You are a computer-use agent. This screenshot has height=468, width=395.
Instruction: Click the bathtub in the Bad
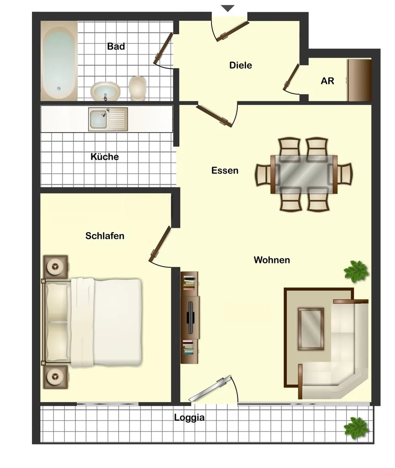pyautogui.click(x=59, y=61)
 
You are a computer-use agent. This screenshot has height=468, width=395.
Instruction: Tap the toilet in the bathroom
pyautogui.click(x=137, y=88)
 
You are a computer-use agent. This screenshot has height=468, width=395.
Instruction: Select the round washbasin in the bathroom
pyautogui.click(x=105, y=91)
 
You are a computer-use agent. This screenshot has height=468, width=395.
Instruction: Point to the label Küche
pyautogui.click(x=105, y=157)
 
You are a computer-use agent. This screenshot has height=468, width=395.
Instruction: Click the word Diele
pyautogui.click(x=241, y=65)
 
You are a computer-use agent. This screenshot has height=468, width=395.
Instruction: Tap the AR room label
pyautogui.click(x=327, y=81)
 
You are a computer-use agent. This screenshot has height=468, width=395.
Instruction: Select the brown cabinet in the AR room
pyautogui.click(x=359, y=80)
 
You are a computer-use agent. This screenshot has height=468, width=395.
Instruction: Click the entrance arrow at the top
pyautogui.click(x=228, y=8)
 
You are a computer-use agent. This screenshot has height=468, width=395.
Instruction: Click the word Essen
pyautogui.click(x=225, y=170)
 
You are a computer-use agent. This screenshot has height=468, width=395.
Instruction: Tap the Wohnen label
pyautogui.click(x=272, y=260)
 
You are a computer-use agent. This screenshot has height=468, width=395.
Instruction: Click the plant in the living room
pyautogui.click(x=356, y=271)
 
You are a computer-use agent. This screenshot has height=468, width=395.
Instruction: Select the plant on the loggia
pyautogui.click(x=356, y=428)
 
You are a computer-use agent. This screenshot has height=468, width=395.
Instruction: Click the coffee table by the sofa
pyautogui.click(x=311, y=329)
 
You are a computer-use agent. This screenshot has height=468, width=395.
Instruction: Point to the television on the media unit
pyautogui.click(x=190, y=317)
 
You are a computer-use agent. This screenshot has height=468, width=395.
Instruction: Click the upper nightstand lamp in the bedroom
pyautogui.click(x=55, y=266)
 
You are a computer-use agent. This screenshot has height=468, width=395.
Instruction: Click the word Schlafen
pyautogui.click(x=105, y=236)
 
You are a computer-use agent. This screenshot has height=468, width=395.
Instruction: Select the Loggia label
pyautogui.click(x=190, y=418)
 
